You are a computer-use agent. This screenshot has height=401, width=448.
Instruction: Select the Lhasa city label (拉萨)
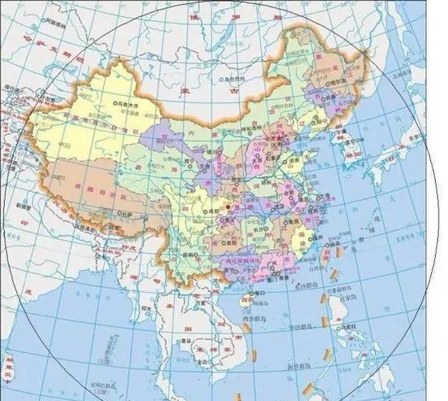128,213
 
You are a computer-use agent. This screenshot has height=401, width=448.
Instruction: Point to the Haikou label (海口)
260,291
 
